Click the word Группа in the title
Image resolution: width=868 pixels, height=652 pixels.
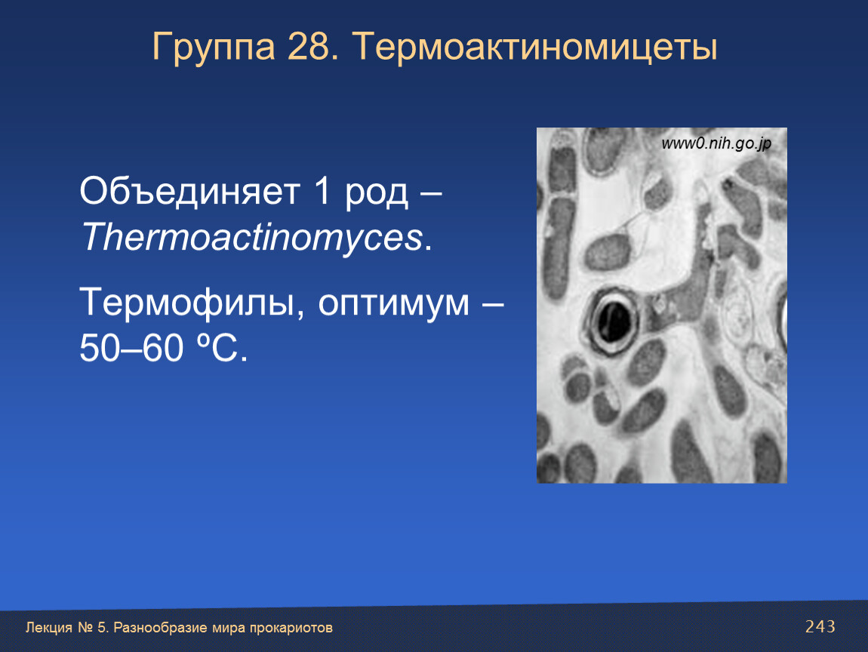pyautogui.click(x=213, y=47)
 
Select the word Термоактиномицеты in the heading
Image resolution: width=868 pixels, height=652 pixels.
pyautogui.click(x=534, y=47)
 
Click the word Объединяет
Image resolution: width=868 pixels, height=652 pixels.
pyautogui.click(x=189, y=192)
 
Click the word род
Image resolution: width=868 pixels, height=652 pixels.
pyautogui.click(x=377, y=195)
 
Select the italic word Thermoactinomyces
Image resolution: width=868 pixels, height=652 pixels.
pyautogui.click(x=252, y=238)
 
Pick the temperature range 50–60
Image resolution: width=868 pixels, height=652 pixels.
pyautogui.click(x=131, y=348)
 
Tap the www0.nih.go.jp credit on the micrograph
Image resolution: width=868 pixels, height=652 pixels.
pyautogui.click(x=716, y=144)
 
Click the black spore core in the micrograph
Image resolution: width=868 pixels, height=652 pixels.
pyautogui.click(x=614, y=321)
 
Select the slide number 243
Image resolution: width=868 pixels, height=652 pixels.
pyautogui.click(x=820, y=626)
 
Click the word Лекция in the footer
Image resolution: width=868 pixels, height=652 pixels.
pyautogui.click(x=49, y=628)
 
